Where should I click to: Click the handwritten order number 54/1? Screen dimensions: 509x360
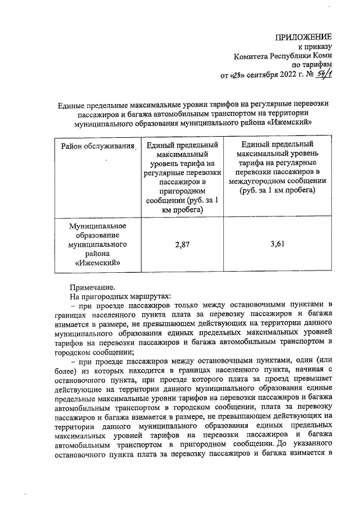pyautogui.click(x=322, y=74)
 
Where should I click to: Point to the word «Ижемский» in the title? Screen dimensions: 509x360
pyautogui.click(x=290, y=121)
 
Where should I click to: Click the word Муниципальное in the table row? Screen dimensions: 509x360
pyautogui.click(x=97, y=226)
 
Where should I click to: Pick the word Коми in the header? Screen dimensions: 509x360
pyautogui.click(x=323, y=56)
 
